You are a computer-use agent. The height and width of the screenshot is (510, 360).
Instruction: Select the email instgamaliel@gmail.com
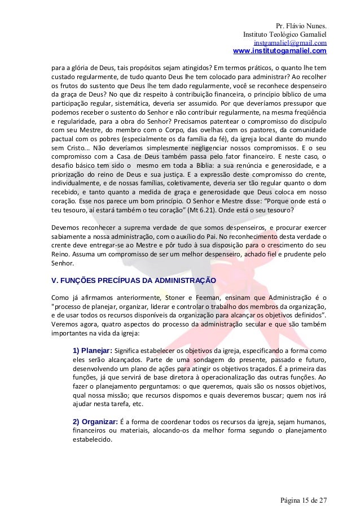[290, 43]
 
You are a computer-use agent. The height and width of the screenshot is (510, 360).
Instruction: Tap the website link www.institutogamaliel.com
[279, 51]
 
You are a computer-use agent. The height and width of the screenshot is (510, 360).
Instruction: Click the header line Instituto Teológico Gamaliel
[284, 34]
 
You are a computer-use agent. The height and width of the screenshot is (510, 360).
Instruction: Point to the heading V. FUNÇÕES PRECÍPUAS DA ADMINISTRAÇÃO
[133, 280]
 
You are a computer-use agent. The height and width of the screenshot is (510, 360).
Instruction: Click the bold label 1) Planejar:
[93, 350]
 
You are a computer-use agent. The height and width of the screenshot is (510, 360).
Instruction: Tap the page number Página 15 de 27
[304, 500]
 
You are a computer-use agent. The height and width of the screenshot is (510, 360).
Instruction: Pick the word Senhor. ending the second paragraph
[62, 263]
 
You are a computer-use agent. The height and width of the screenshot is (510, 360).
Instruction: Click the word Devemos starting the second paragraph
[65, 228]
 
